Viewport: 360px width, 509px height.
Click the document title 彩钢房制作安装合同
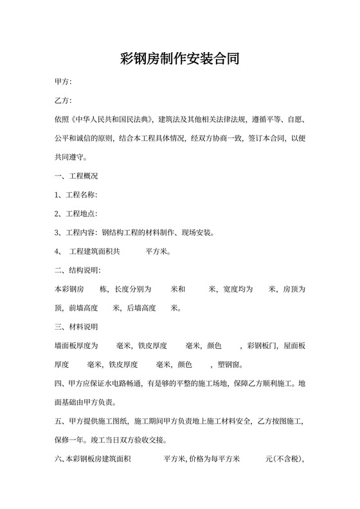[x=180, y=60]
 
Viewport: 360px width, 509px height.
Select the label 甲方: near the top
[x=63, y=82]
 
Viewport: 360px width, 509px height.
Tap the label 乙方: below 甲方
[x=63, y=101]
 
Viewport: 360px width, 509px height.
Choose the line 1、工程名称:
[x=76, y=194]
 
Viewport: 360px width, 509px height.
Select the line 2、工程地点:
[x=76, y=213]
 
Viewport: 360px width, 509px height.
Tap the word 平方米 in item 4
[x=157, y=251]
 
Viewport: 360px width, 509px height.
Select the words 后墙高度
[x=141, y=308]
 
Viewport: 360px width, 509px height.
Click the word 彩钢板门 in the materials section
[x=262, y=346]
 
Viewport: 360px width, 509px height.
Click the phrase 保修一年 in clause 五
[x=69, y=440]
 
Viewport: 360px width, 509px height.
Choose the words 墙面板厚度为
[x=76, y=346]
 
